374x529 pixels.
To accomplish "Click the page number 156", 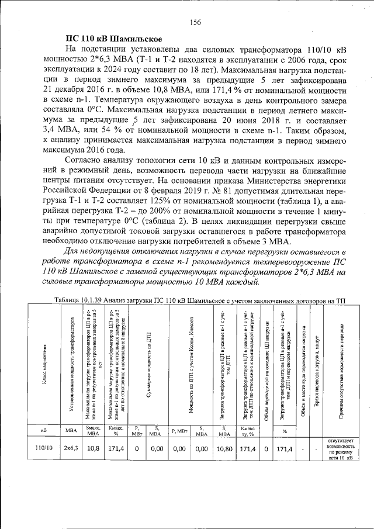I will click(195, 22).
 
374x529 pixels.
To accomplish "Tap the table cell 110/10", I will click(44, 448).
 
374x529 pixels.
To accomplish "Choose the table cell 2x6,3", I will click(72, 448).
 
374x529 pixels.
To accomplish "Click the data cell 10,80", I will click(224, 448).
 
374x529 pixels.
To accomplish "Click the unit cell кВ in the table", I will click(44, 430).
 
